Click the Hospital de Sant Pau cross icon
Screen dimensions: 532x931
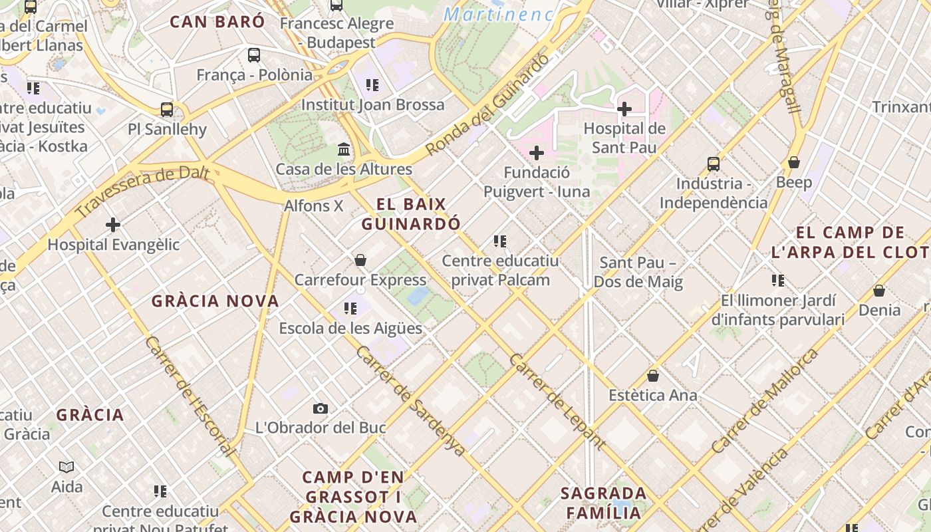[624, 108]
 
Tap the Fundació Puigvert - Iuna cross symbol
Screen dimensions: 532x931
[536, 153]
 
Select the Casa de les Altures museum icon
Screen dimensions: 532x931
[344, 149]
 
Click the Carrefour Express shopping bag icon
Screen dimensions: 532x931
[360, 260]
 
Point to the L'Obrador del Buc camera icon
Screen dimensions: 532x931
[321, 408]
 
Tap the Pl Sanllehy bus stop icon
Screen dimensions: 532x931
[167, 110]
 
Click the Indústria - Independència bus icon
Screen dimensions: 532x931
[713, 164]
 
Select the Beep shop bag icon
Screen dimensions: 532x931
[793, 162]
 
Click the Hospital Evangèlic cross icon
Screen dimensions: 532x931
[113, 225]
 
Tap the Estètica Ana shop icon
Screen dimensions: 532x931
[653, 376]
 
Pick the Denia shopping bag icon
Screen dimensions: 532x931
[879, 291]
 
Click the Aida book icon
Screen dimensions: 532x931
[66, 467]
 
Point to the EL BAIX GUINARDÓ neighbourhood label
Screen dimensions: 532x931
[411, 214]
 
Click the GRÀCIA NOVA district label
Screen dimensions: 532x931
[215, 301]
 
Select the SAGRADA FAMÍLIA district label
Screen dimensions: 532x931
[604, 503]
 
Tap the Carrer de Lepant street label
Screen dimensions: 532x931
[557, 402]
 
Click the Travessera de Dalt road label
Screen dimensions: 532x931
[143, 193]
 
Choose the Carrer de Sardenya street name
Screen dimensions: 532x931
[410, 400]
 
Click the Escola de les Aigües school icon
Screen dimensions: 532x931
[350, 308]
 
